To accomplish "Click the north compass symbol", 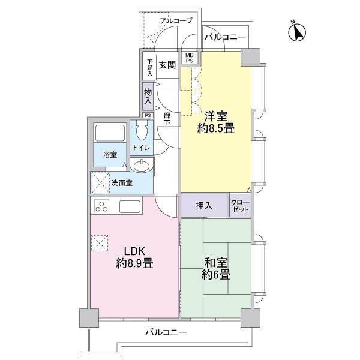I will click(x=296, y=32).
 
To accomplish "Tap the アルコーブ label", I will click(x=176, y=21).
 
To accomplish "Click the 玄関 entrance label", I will click(x=167, y=66).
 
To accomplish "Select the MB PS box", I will click(x=189, y=58).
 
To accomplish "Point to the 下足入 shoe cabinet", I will click(x=149, y=66).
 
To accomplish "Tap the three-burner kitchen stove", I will click(x=102, y=208).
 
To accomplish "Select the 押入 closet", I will click(x=204, y=206).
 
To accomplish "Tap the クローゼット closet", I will click(x=240, y=206).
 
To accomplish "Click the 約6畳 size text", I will click(x=215, y=275).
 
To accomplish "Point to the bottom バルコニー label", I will click(x=166, y=332).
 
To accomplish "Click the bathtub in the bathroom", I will click(x=109, y=133).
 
